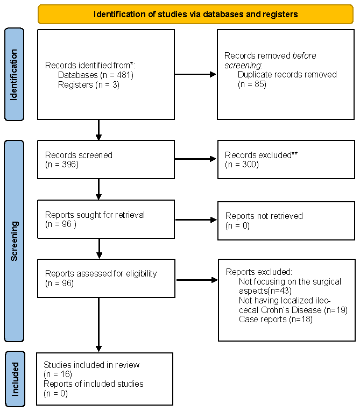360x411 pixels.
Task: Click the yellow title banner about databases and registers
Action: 195,14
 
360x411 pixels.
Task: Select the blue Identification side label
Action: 14,74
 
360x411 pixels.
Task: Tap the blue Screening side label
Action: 14,241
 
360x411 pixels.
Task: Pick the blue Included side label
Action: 15,379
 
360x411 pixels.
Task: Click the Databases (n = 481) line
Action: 96,75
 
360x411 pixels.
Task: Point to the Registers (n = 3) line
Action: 89,85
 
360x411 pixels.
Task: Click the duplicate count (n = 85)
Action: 252,84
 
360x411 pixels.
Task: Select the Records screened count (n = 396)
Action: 62,165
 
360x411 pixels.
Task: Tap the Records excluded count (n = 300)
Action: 242,165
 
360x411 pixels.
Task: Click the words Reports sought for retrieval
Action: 95,215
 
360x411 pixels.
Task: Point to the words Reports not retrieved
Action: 264,216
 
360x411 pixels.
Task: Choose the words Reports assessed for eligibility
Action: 101,274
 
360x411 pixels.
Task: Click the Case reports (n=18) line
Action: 276,319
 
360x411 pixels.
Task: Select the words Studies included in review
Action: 91,365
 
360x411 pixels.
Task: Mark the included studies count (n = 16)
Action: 58,374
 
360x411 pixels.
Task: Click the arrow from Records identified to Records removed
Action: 195,74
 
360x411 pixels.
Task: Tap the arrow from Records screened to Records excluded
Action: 195,159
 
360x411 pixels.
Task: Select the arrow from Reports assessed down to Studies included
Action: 99,325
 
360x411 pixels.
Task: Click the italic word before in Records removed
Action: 304,55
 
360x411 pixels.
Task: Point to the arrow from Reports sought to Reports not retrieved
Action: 196,219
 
